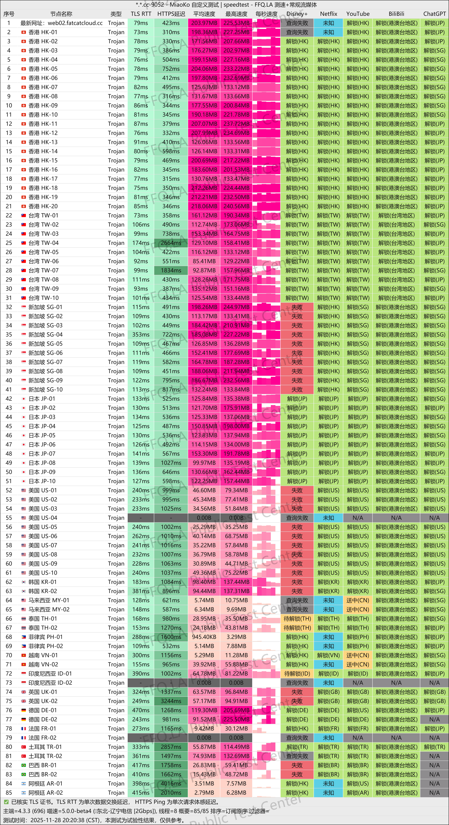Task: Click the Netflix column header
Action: click(x=328, y=14)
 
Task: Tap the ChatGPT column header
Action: click(x=434, y=14)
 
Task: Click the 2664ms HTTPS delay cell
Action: click(x=171, y=243)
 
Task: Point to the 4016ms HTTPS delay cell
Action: click(x=171, y=783)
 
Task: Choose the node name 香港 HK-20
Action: click(x=43, y=206)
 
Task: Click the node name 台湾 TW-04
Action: click(x=44, y=243)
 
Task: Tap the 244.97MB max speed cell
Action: click(x=236, y=307)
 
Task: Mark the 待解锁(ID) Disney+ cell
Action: click(x=297, y=673)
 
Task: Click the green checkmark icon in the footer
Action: click(x=6, y=802)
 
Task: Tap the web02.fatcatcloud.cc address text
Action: click(x=75, y=23)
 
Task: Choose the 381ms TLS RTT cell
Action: click(x=141, y=591)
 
